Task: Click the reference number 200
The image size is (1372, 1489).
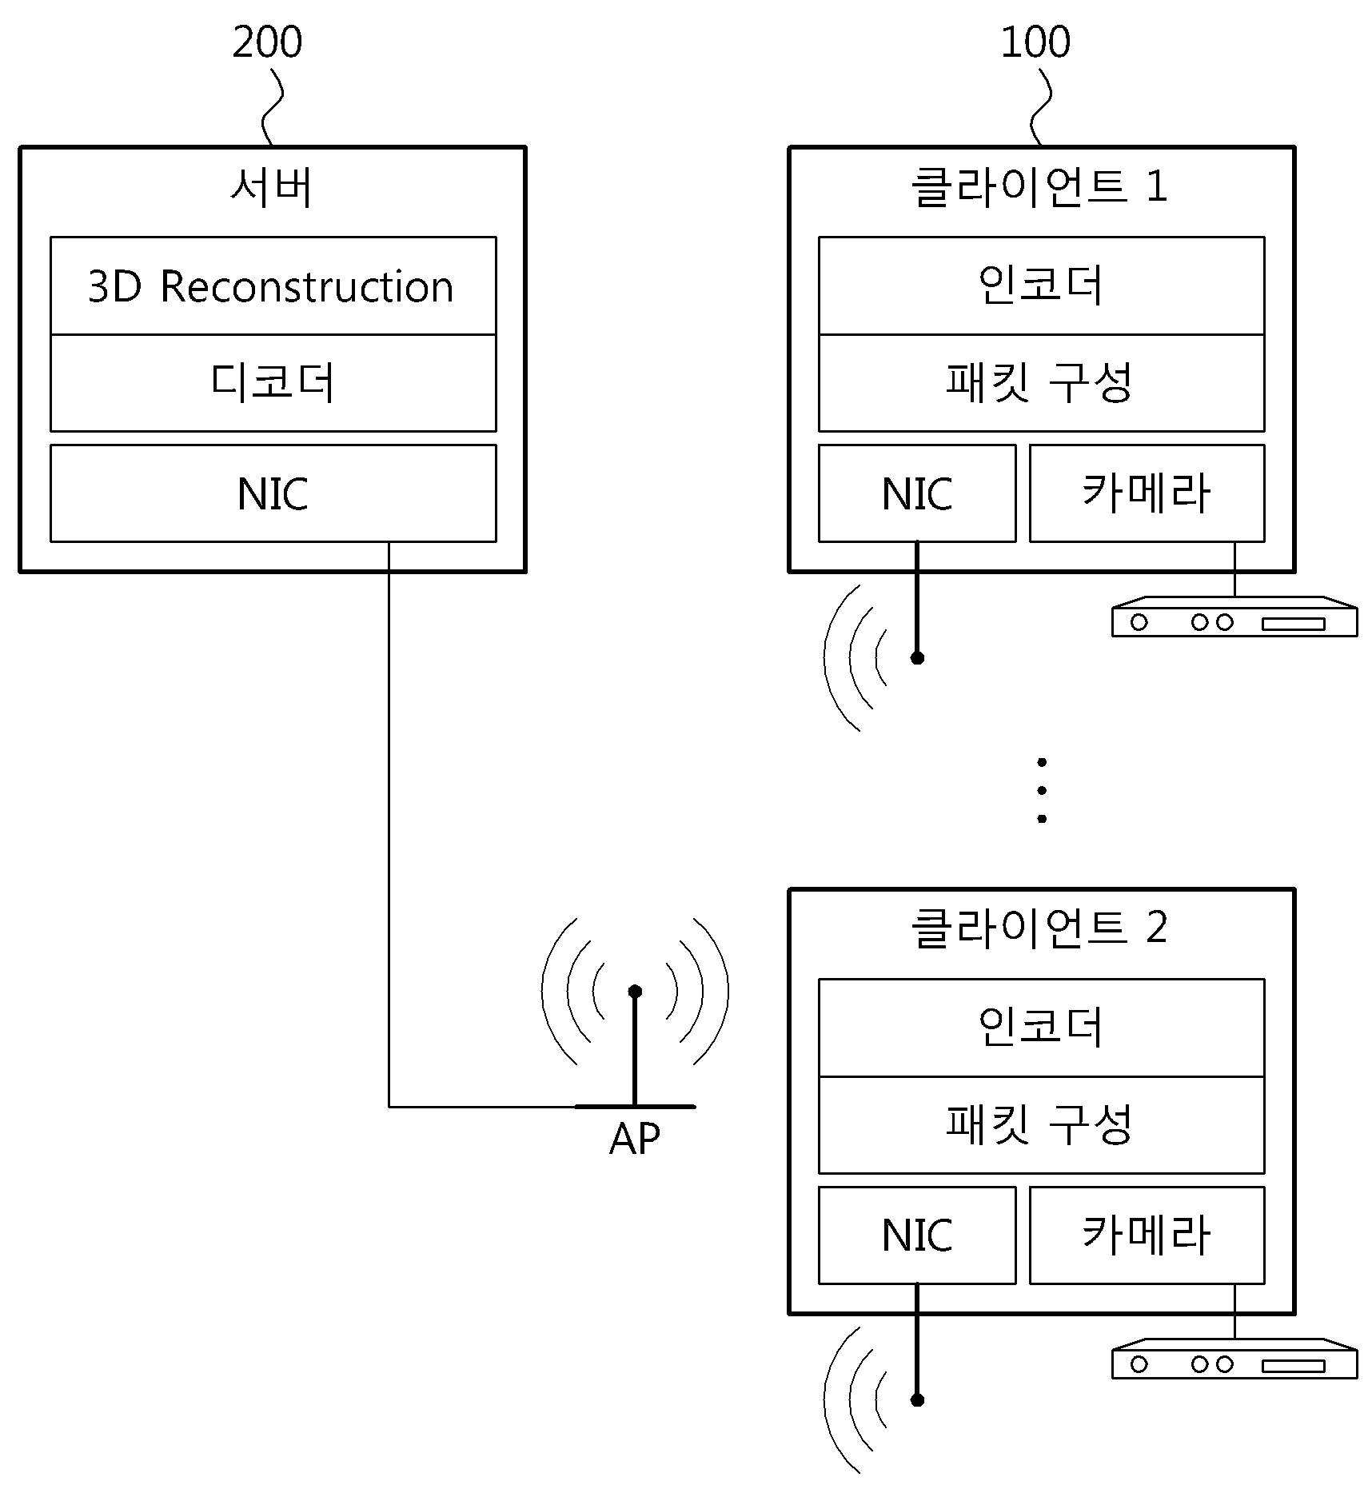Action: (x=267, y=42)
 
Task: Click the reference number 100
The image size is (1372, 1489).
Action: (x=1035, y=42)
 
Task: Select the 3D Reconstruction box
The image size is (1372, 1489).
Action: (x=273, y=285)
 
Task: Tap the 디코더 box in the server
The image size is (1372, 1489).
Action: (x=273, y=383)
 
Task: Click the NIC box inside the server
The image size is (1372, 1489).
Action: (x=273, y=493)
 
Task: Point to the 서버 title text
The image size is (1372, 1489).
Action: (x=272, y=187)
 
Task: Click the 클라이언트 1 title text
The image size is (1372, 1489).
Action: (x=1039, y=187)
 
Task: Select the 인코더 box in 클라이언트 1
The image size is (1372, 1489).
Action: (x=1041, y=285)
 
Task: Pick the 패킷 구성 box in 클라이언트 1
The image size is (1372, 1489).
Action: (x=1041, y=383)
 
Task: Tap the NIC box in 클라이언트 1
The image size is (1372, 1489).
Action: (x=917, y=493)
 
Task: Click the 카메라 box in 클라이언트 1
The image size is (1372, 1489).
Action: (x=1147, y=493)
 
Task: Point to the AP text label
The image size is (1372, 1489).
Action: (x=635, y=1139)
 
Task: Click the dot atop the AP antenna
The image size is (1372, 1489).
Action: (x=635, y=992)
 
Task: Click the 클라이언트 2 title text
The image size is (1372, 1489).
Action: (x=1039, y=928)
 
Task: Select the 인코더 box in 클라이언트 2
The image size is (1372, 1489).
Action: (x=1041, y=1028)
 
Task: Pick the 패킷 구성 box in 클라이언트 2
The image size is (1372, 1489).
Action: (x=1041, y=1125)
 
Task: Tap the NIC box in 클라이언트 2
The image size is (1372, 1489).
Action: (x=917, y=1236)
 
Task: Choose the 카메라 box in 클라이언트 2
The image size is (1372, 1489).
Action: (x=1147, y=1236)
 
